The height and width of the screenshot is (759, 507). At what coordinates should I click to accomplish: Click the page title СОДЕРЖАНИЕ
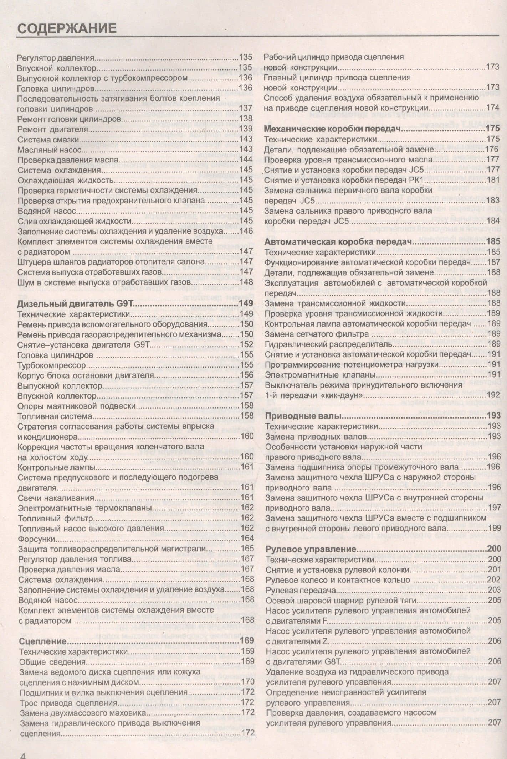pos(67,28)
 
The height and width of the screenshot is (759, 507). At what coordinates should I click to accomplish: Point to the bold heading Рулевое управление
pos(311,549)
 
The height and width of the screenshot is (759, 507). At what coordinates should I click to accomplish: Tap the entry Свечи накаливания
pos(56,498)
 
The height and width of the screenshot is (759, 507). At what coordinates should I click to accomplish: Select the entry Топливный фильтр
pos(55,519)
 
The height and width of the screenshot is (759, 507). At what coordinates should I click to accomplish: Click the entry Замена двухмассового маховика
pos(83,713)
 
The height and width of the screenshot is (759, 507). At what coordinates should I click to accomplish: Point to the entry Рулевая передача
pos(301,590)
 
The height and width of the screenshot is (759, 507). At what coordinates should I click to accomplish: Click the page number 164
pos(247,539)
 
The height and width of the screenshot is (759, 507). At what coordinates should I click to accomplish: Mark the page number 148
pos(246,282)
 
